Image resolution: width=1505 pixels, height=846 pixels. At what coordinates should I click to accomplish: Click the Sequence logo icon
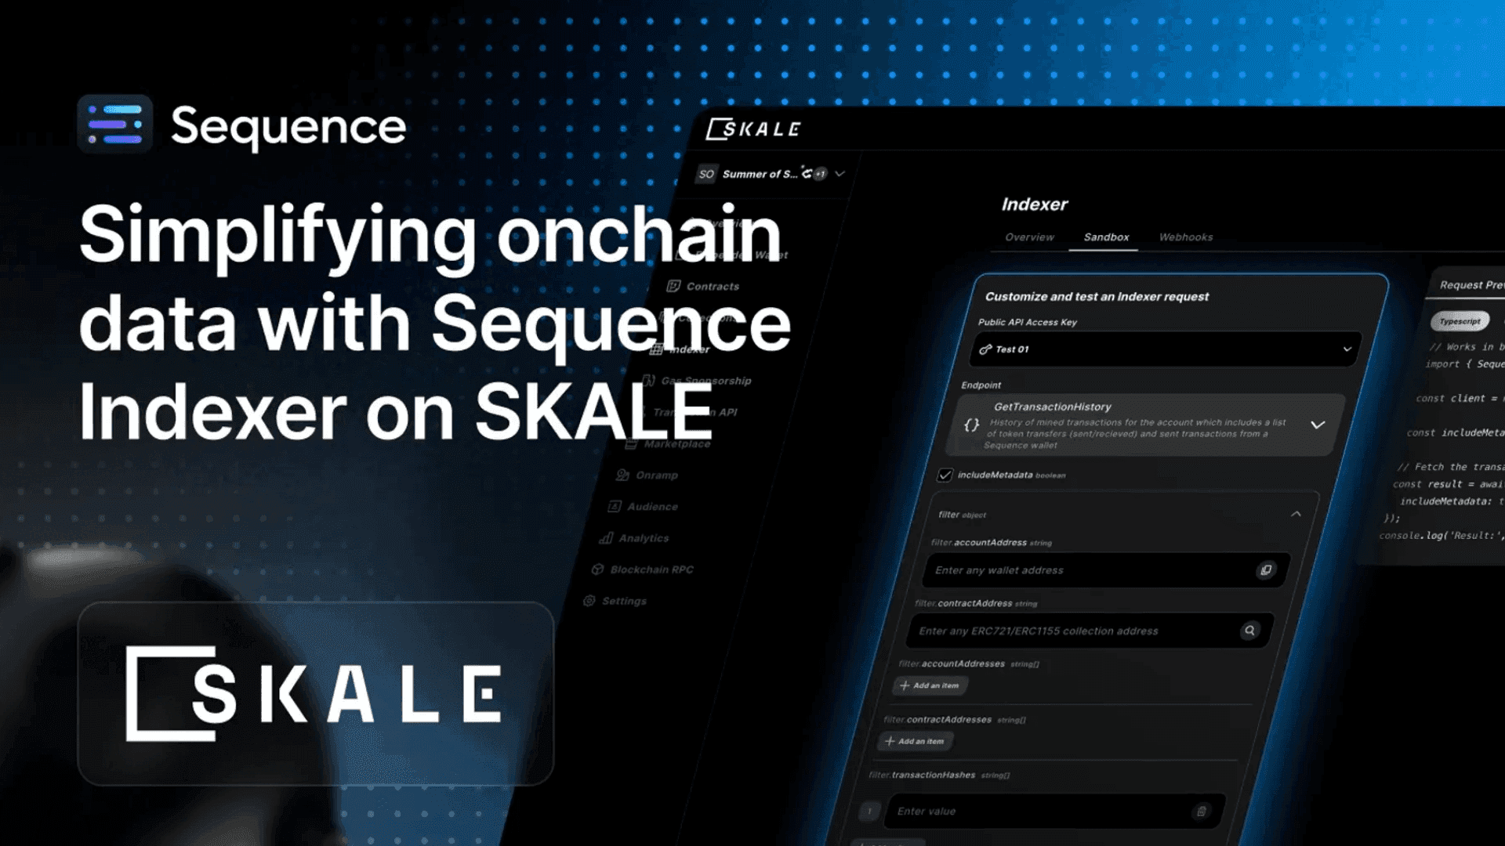pyautogui.click(x=114, y=125)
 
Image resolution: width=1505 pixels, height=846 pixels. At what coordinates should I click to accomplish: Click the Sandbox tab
pyautogui.click(x=1106, y=237)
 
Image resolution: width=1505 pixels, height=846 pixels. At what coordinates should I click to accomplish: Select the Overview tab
pyautogui.click(x=1029, y=237)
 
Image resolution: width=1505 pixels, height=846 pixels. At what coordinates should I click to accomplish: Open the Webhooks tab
pyautogui.click(x=1185, y=237)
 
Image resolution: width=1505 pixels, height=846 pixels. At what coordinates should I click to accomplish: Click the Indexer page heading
pyautogui.click(x=1034, y=204)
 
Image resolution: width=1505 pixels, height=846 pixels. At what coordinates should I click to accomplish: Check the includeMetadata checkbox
pyautogui.click(x=945, y=475)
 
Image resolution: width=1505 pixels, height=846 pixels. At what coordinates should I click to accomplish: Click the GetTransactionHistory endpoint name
pyautogui.click(x=1052, y=407)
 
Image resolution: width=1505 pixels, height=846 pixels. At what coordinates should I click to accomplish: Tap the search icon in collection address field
pyautogui.click(x=1249, y=631)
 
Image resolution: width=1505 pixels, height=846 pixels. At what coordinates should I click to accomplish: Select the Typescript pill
pyautogui.click(x=1460, y=321)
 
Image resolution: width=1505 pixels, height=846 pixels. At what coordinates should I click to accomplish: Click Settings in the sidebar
pyautogui.click(x=624, y=601)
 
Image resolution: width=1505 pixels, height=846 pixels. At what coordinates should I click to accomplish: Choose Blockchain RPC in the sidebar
pyautogui.click(x=651, y=569)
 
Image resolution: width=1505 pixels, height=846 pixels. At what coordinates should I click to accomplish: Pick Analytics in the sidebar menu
pyautogui.click(x=643, y=538)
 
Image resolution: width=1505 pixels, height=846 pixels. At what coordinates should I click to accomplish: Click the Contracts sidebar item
pyautogui.click(x=712, y=287)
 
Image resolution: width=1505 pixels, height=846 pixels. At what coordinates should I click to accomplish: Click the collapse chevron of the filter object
pyautogui.click(x=1296, y=514)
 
